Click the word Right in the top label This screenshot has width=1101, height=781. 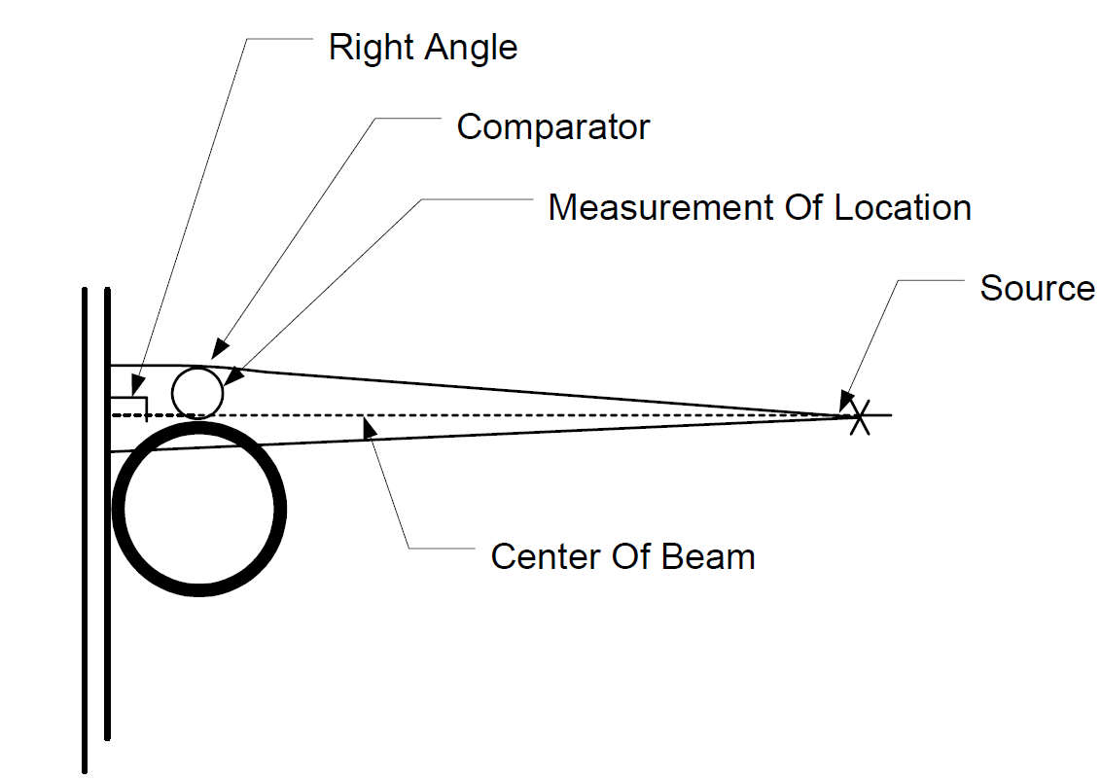pyautogui.click(x=372, y=49)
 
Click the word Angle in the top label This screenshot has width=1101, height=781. pyautogui.click(x=472, y=49)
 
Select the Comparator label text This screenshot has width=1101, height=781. pyautogui.click(x=553, y=127)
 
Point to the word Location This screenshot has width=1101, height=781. pyautogui.click(x=903, y=208)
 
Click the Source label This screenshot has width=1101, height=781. pyautogui.click(x=1037, y=288)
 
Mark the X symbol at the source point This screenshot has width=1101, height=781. pyautogui.click(x=860, y=417)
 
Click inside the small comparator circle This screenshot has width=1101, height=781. pyautogui.click(x=197, y=393)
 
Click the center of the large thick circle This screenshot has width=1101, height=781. pyautogui.click(x=199, y=509)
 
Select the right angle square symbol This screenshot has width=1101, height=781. pyautogui.click(x=129, y=408)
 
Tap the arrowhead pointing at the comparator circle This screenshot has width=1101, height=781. pyautogui.click(x=220, y=348)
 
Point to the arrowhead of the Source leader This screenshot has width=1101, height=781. pyautogui.click(x=847, y=402)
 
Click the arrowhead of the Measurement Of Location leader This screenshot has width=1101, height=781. pyautogui.click(x=233, y=375)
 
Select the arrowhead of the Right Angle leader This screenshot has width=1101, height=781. pyautogui.click(x=138, y=385)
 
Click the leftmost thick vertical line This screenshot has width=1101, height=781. pyautogui.click(x=85, y=530)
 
